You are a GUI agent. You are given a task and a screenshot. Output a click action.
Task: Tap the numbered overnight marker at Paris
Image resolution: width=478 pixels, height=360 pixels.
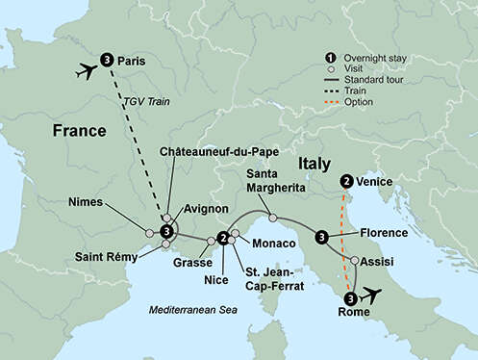(106, 60)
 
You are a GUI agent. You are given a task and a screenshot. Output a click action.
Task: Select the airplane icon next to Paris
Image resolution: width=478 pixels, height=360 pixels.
(84, 72)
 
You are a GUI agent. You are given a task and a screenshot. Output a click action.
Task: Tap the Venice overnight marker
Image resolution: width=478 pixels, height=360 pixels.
(344, 181)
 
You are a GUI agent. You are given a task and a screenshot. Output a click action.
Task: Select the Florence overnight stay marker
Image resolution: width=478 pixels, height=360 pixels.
(321, 237)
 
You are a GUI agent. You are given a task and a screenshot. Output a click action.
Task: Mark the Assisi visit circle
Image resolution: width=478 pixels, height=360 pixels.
(355, 261)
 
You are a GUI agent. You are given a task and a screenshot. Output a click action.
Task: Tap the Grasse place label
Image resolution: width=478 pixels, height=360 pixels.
(190, 261)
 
